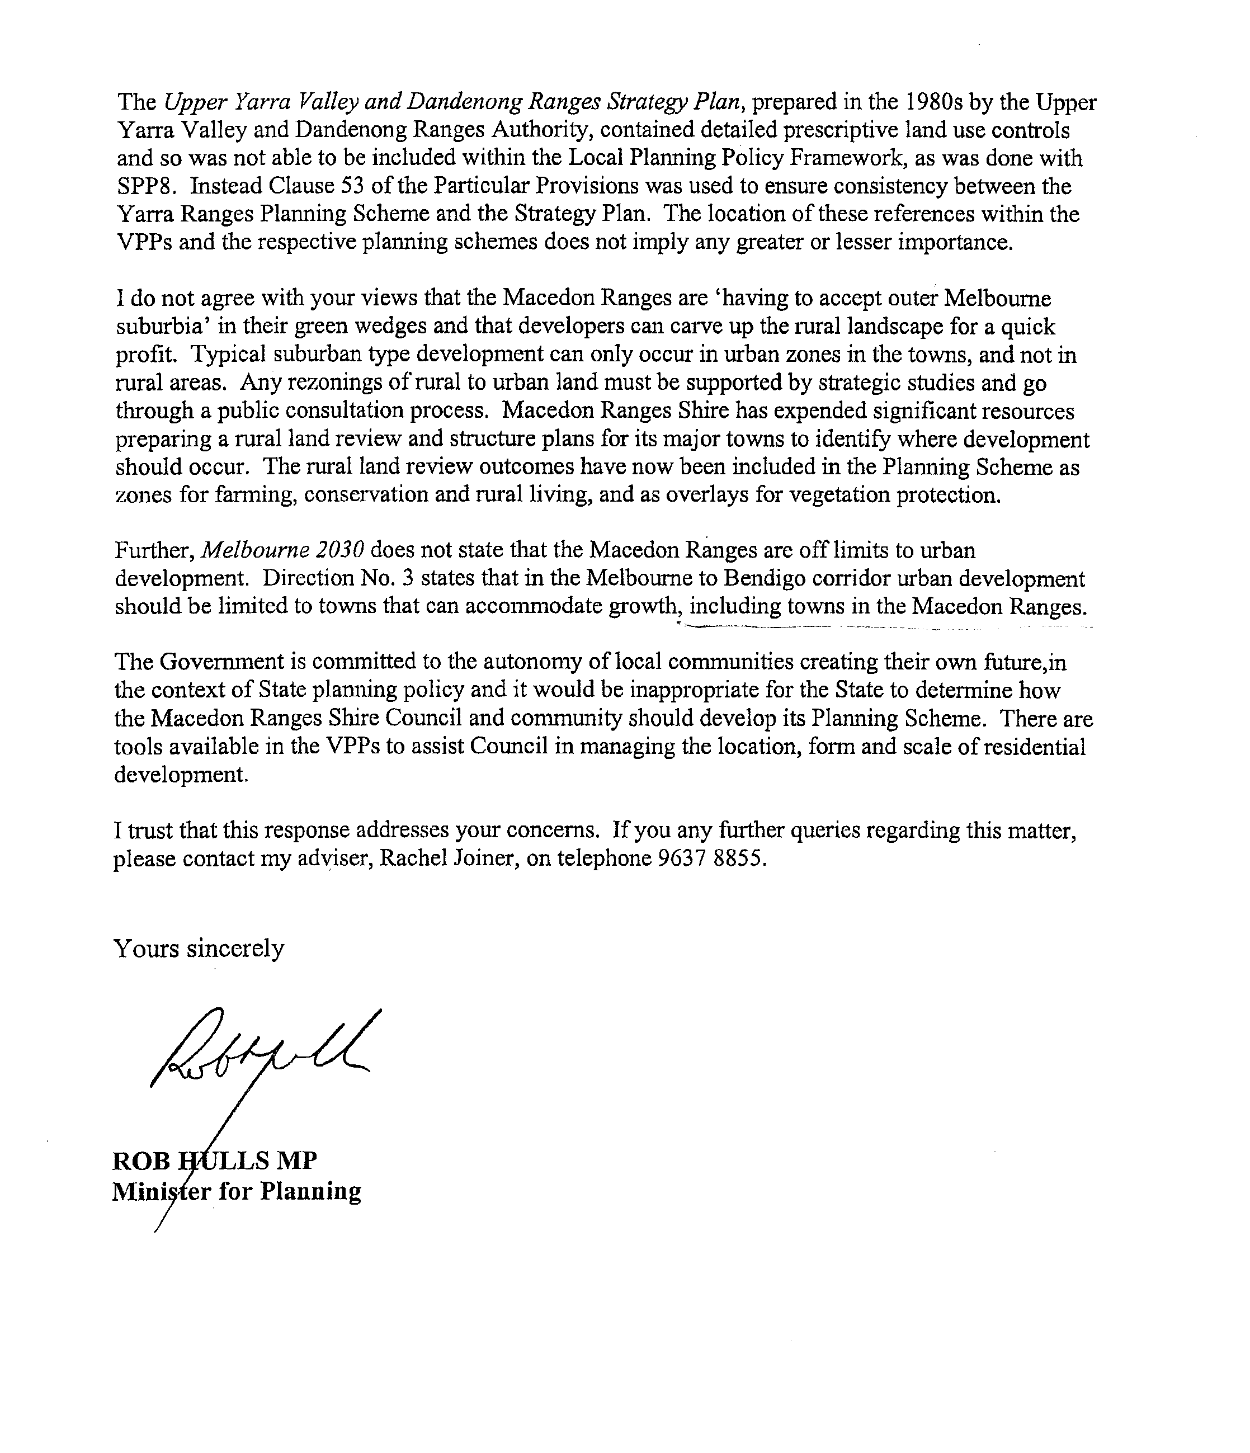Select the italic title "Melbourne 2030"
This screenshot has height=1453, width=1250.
[x=282, y=550]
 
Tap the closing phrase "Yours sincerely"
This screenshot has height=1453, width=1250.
[x=199, y=949]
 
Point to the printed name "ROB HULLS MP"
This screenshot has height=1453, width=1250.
[x=215, y=1160]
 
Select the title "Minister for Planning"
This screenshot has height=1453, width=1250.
[x=237, y=1191]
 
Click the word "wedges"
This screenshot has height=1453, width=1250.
[x=359, y=327]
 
